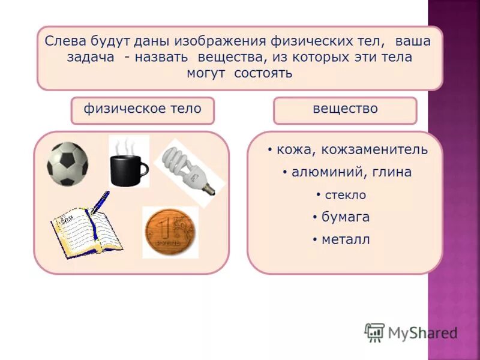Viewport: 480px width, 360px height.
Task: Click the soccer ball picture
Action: (x=68, y=163)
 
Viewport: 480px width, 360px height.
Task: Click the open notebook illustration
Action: (x=86, y=230)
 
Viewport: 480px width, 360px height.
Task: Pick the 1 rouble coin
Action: (x=170, y=232)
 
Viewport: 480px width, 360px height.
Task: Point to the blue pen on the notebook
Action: (x=100, y=201)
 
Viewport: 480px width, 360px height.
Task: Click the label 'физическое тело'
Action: (x=142, y=109)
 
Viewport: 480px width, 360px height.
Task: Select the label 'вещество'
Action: (x=345, y=109)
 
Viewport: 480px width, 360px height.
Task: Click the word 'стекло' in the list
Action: (x=345, y=195)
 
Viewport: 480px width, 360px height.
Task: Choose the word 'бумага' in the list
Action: (x=346, y=217)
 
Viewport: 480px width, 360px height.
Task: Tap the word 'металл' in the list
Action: (x=346, y=240)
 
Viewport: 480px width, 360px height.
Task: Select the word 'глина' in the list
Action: (x=391, y=173)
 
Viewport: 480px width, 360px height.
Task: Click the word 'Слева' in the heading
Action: (x=65, y=42)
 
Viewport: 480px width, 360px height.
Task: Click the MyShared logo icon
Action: (x=374, y=332)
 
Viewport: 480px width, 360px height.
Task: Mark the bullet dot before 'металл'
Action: (x=314, y=240)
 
